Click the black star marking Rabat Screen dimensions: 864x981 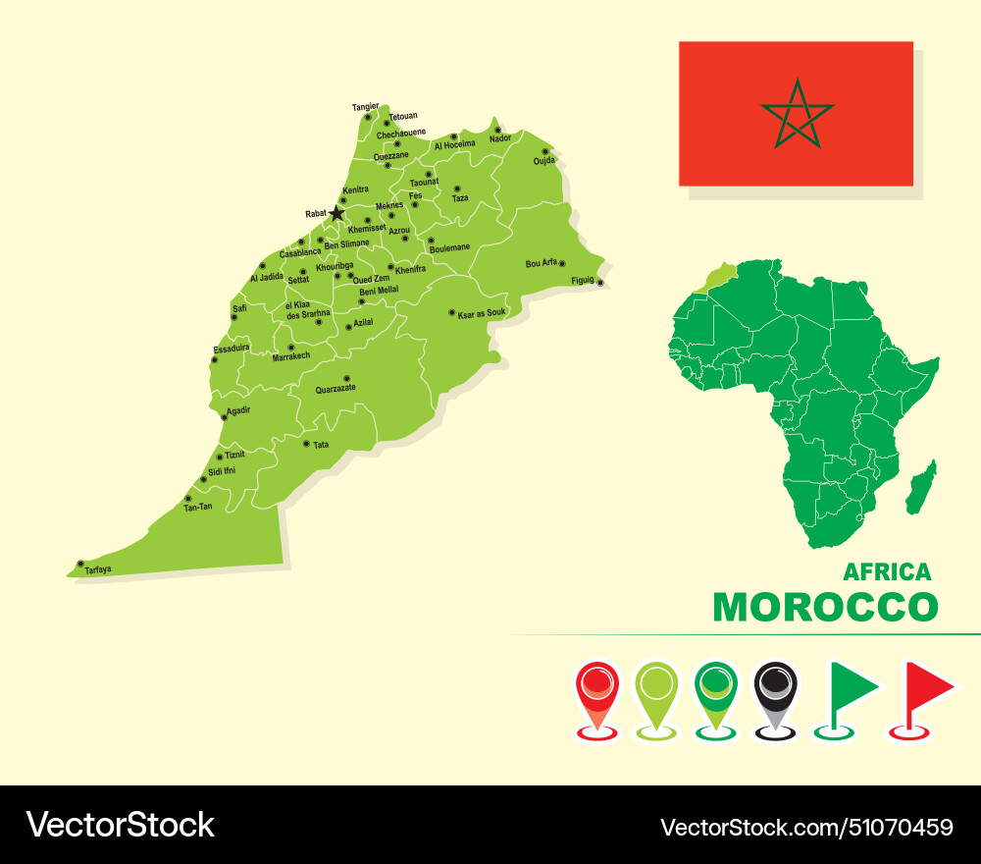(x=336, y=213)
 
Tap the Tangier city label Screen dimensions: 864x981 (x=365, y=106)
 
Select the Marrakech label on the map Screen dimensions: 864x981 (x=291, y=356)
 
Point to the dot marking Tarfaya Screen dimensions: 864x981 (x=80, y=564)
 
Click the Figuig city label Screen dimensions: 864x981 (x=583, y=280)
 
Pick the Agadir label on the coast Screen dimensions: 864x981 (x=238, y=409)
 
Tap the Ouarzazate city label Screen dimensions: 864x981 (x=336, y=389)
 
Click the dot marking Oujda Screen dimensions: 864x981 (x=545, y=151)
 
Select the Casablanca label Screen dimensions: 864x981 (x=300, y=253)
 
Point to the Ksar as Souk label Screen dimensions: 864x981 (x=482, y=313)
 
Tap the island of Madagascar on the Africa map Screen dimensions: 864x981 (x=920, y=488)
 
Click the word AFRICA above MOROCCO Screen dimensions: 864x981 (x=887, y=571)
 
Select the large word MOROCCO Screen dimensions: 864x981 (x=825, y=607)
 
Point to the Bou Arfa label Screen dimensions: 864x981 (x=541, y=263)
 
